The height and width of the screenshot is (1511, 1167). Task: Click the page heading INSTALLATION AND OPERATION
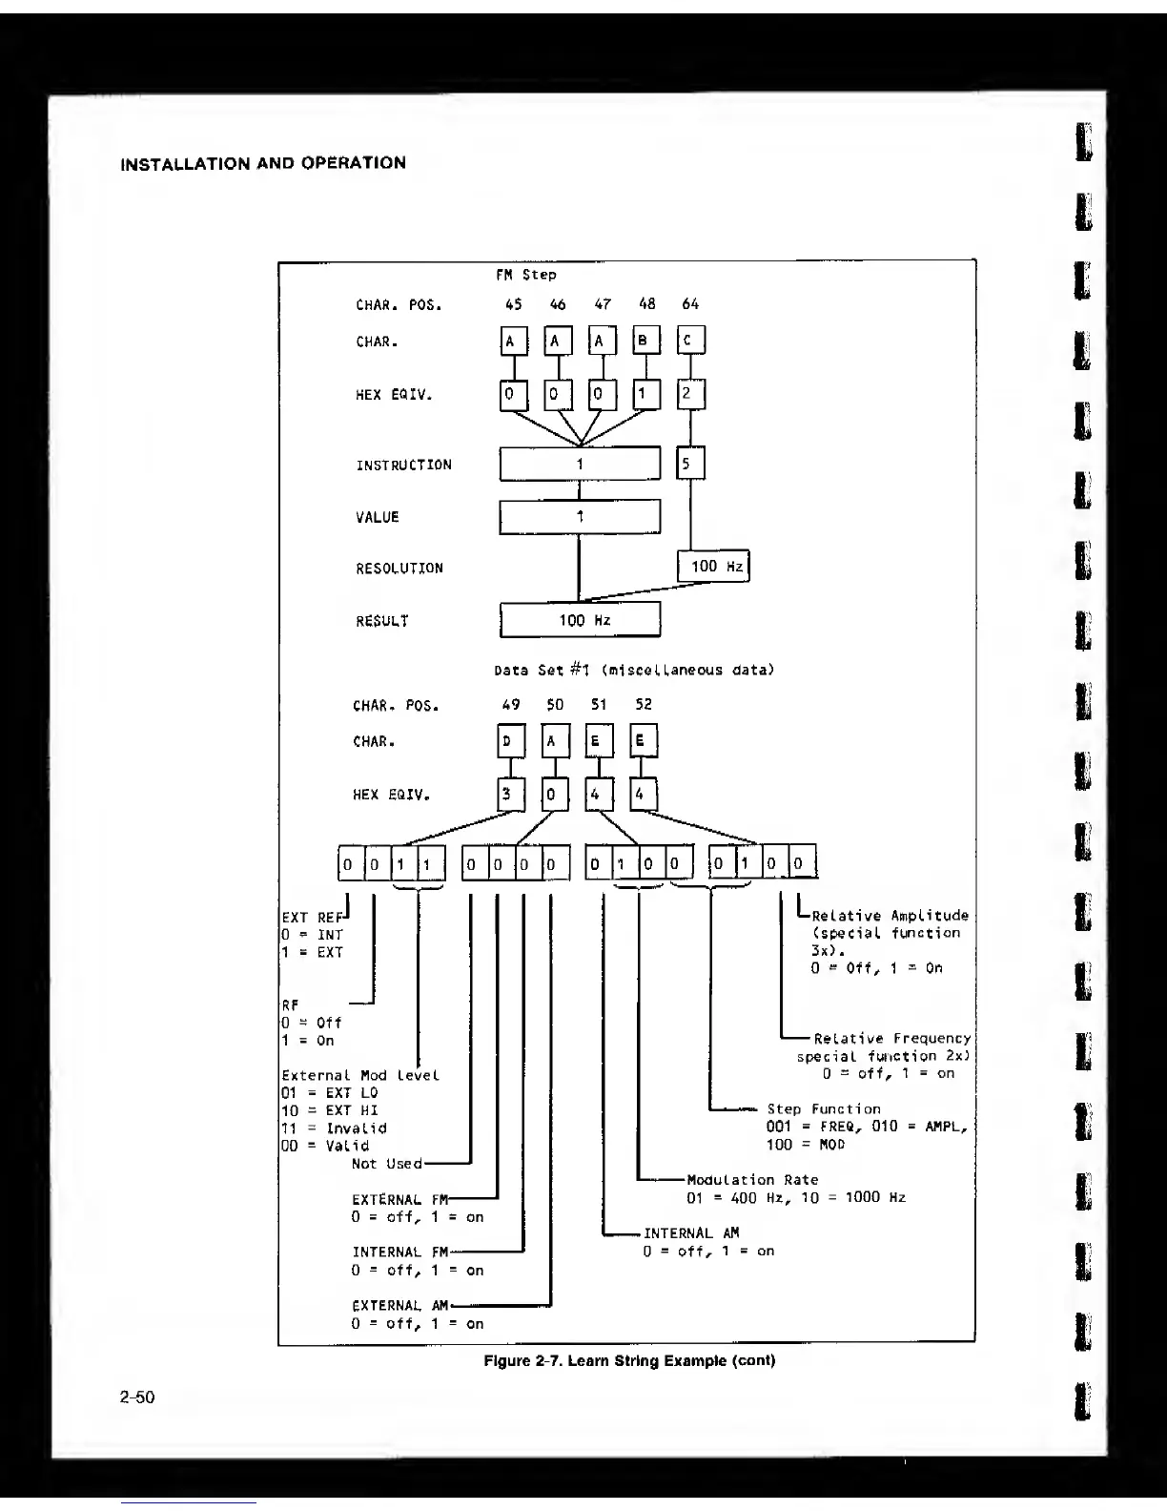(x=263, y=163)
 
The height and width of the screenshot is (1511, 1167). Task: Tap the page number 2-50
(x=137, y=1398)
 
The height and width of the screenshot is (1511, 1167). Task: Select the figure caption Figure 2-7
(x=628, y=1360)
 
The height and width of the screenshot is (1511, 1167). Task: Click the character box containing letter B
(x=646, y=341)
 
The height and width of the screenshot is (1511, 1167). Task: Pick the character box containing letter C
(x=690, y=341)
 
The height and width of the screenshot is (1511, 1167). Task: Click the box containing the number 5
(x=690, y=465)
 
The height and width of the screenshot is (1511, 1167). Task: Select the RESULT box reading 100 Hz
(x=580, y=620)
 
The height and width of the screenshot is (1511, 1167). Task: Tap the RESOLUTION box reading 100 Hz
(x=713, y=567)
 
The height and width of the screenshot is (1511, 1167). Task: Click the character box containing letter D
(x=511, y=741)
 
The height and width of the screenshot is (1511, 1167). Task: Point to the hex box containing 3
(x=511, y=794)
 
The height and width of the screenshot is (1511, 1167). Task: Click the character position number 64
(x=690, y=304)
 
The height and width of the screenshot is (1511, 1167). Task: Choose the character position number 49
(x=511, y=705)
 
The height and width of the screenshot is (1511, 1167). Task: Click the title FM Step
(x=525, y=275)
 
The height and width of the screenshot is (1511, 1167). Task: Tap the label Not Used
(x=386, y=1164)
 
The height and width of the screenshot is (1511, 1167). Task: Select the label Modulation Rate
(x=752, y=1180)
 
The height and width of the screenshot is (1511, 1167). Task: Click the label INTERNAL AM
(x=691, y=1233)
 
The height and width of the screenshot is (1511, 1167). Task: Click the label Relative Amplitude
(x=890, y=916)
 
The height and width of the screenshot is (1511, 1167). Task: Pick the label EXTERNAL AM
(x=399, y=1306)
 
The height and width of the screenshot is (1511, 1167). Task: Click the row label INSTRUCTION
(x=403, y=466)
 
